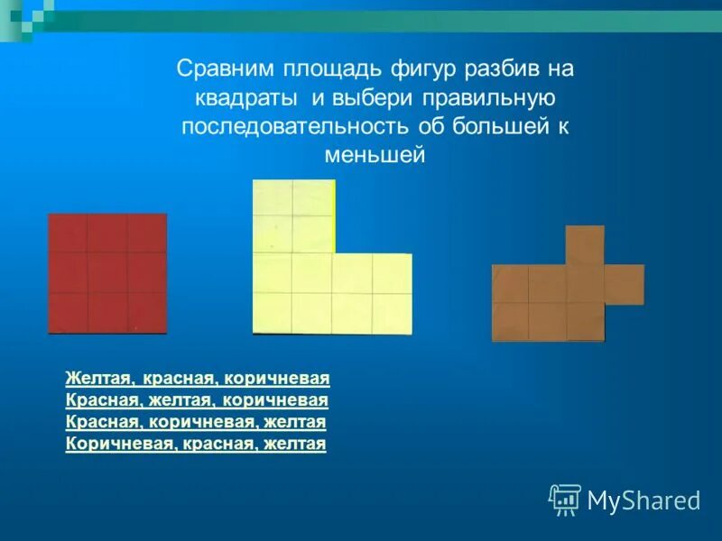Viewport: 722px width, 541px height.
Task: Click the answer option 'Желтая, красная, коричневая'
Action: (198, 378)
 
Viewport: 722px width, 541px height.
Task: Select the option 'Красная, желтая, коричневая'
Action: (197, 399)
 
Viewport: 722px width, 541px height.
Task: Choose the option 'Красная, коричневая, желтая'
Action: (196, 422)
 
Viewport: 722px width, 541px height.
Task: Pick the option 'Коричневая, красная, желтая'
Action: (196, 444)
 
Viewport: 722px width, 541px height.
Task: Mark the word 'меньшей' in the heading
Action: (374, 156)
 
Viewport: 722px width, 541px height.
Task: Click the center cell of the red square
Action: (107, 273)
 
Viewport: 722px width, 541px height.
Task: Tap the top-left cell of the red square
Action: (68, 234)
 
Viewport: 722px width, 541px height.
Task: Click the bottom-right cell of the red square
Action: (147, 313)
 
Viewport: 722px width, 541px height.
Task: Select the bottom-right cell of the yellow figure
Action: (392, 313)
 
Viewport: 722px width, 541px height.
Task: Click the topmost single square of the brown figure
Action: (585, 244)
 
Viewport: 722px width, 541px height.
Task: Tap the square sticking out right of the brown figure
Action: (624, 284)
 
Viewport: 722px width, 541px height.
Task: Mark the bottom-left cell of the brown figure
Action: (510, 322)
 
